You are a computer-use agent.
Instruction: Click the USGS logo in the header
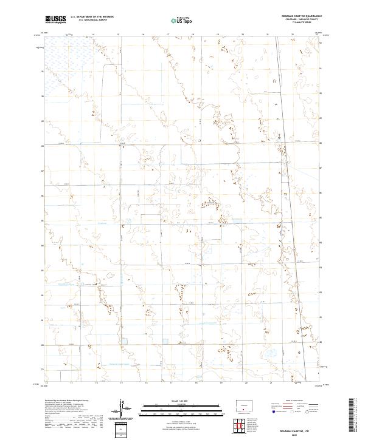tap(55, 19)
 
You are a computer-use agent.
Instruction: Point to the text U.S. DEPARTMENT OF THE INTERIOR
tap(92, 17)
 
